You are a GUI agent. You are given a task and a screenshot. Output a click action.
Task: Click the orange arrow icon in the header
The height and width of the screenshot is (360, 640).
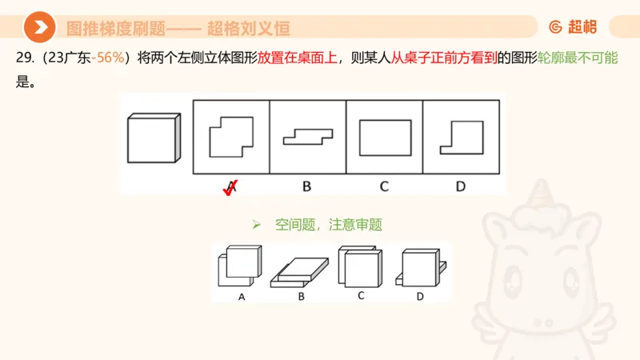[x=39, y=27]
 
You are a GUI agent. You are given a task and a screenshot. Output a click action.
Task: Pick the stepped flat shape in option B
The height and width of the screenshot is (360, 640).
[x=307, y=137]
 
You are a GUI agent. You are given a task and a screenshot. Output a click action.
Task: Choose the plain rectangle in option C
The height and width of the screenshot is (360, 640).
[x=385, y=137]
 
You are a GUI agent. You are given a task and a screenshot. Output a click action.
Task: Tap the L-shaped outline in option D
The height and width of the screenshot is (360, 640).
[x=462, y=137]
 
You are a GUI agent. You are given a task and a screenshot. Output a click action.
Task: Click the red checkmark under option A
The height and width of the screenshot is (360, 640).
[x=230, y=188]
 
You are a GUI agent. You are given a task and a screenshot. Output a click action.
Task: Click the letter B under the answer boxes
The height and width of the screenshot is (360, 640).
[x=306, y=187]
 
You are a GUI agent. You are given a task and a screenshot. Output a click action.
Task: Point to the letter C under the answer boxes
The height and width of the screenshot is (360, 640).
[x=384, y=187]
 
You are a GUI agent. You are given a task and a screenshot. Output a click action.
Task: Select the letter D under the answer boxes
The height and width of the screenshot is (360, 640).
[x=461, y=187]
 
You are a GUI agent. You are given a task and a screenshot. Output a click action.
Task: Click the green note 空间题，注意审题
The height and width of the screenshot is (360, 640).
[x=327, y=225]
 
